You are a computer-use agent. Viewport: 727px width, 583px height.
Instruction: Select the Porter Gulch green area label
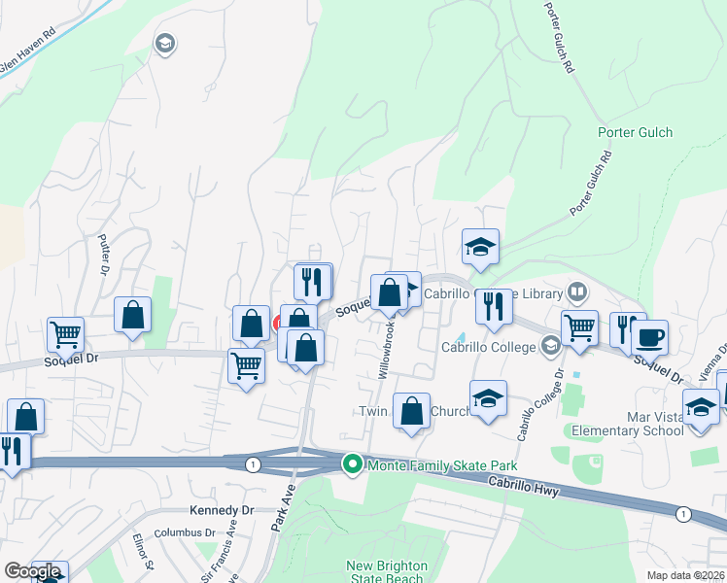coord(635,133)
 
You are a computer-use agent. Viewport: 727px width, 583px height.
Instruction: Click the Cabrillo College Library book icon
coord(577,292)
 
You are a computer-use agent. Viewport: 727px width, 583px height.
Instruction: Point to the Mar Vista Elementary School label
coord(655,424)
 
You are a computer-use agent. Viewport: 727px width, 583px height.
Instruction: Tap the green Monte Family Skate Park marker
coord(353,466)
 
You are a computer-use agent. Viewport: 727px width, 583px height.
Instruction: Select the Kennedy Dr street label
coord(221,510)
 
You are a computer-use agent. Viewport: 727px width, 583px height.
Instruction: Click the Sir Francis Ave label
coord(219,550)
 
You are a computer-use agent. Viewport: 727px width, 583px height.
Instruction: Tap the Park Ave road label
coord(285,531)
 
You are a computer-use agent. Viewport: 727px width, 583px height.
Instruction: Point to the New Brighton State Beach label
coord(385,572)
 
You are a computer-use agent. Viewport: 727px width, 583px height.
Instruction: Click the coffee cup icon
coord(649,337)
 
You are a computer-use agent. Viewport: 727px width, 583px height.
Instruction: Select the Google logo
coord(32,571)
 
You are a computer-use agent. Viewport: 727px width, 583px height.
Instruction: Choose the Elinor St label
coord(149,552)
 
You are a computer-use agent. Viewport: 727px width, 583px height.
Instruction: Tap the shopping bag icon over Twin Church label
coord(412,409)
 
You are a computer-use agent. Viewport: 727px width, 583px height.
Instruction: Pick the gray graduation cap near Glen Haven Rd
coord(163,43)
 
